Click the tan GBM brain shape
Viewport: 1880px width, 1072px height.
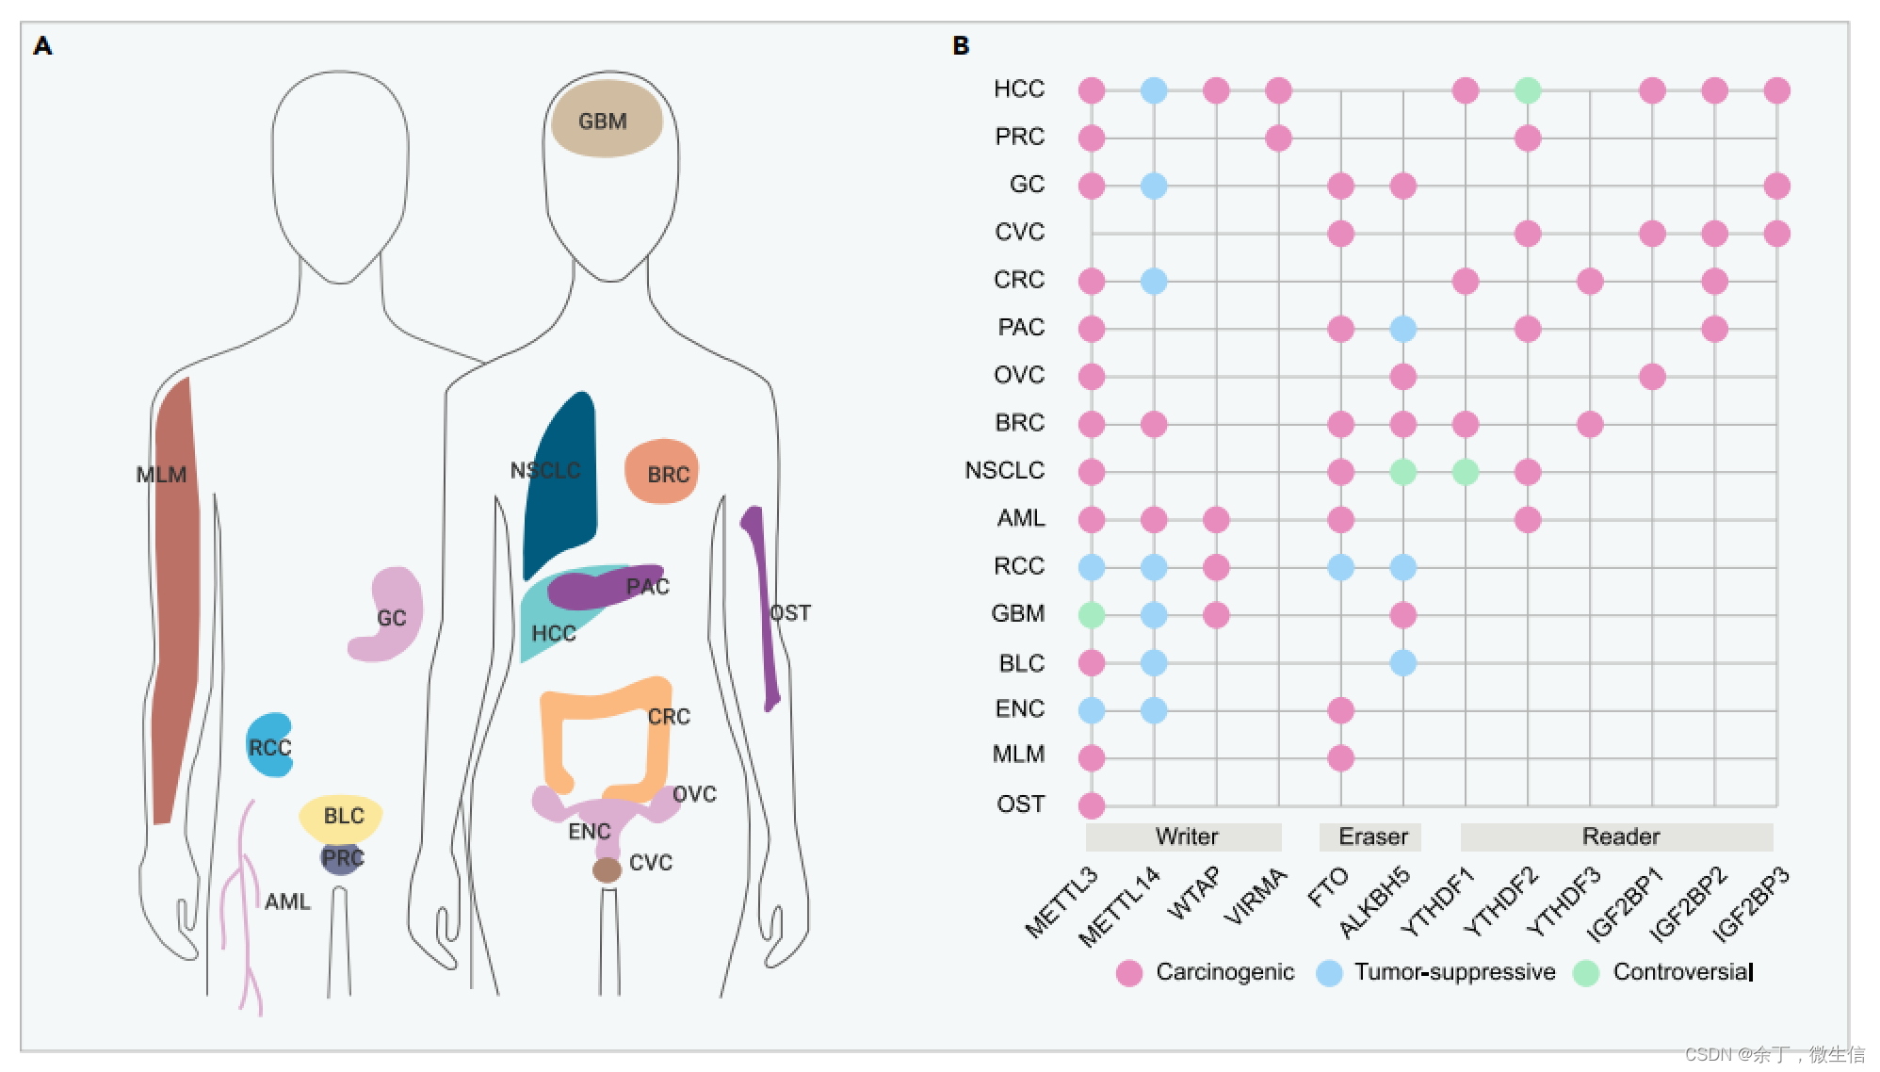coord(607,119)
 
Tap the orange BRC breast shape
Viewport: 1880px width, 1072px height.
coord(661,470)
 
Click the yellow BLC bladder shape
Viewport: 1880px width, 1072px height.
coord(341,816)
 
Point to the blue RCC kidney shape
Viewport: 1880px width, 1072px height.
coord(269,745)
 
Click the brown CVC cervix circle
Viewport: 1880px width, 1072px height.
coord(607,869)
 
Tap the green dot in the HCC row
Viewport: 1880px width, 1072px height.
coord(1528,90)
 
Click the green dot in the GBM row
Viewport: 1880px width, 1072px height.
coord(1092,615)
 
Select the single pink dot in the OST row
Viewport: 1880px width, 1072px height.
coord(1092,805)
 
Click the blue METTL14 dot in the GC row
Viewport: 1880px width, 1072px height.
coord(1154,186)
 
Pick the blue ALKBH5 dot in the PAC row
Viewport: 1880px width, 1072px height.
coord(1403,329)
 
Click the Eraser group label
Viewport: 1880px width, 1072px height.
coord(1372,836)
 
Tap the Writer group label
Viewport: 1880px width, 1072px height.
coord(1186,836)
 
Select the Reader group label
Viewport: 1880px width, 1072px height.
coord(1620,836)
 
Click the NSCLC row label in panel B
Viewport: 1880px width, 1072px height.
coord(1004,470)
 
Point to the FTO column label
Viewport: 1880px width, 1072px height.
coord(1328,887)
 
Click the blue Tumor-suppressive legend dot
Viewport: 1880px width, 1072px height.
coord(1329,973)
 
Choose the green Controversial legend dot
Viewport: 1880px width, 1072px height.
coord(1586,973)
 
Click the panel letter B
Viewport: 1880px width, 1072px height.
coord(961,46)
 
